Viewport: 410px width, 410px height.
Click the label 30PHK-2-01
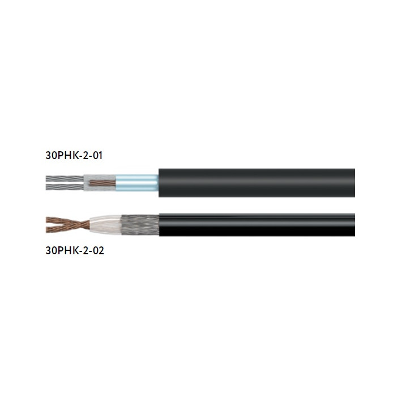(74, 155)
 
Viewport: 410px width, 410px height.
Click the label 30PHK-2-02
(75, 250)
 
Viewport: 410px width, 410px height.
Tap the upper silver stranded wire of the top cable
(65, 179)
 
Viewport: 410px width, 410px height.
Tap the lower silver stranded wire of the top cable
(65, 187)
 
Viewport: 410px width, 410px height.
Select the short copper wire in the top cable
(103, 183)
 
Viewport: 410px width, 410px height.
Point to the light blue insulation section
(136, 183)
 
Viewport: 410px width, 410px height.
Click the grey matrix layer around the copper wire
(99, 183)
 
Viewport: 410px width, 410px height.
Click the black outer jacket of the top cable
(257, 183)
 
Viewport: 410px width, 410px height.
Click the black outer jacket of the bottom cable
(257, 225)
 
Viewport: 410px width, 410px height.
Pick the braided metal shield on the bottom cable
(140, 225)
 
